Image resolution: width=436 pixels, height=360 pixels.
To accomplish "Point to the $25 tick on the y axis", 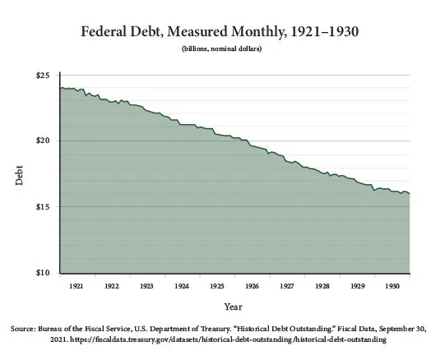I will [43, 75].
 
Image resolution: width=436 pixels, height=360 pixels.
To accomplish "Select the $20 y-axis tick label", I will [43, 141].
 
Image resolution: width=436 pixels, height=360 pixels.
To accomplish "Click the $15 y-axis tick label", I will [43, 206].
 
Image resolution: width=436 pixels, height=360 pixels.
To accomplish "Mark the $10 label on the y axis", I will [43, 272].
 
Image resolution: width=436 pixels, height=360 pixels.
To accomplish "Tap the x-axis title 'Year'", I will [234, 306].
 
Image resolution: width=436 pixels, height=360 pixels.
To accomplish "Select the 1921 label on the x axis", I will [77, 287].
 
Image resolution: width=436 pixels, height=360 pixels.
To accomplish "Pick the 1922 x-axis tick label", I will [112, 287].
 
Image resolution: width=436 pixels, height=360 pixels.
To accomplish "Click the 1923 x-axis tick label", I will [146, 287].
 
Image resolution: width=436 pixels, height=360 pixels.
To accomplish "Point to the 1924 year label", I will [182, 287].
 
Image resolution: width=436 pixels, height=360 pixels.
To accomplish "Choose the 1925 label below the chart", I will [217, 287].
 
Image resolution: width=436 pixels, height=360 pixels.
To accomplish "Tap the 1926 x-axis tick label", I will [252, 287].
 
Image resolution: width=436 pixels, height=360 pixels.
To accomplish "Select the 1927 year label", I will [287, 287].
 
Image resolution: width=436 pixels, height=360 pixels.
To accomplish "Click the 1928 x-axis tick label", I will [322, 287].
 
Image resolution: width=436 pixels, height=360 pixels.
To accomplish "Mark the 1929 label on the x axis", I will [357, 287].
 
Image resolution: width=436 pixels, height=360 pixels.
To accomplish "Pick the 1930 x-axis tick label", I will [392, 287].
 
